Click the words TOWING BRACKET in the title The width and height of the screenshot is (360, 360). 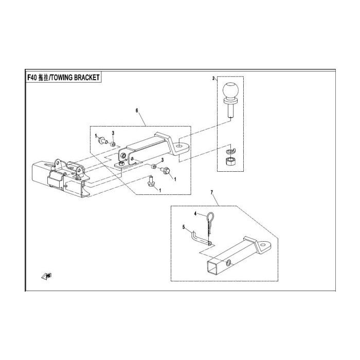75,78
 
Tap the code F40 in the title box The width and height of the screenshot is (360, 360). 32,78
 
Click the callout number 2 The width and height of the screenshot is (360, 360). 213,78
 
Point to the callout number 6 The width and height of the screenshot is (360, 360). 137,111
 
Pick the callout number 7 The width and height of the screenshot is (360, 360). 212,192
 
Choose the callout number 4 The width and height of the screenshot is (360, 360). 195,214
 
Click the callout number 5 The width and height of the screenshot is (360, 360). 184,227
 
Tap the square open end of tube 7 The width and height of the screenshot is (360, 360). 212,267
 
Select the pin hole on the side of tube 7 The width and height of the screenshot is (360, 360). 228,263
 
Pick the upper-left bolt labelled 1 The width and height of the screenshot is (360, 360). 103,140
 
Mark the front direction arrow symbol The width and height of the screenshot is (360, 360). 47,276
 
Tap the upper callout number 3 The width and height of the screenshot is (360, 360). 113,133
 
